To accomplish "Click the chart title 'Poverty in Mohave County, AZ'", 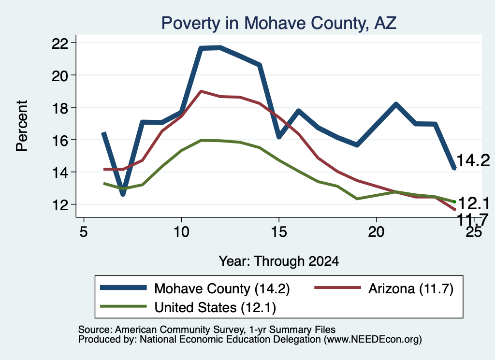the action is [x=279, y=23].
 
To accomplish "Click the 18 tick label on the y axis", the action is [x=60, y=108].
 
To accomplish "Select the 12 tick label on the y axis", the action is [x=60, y=205].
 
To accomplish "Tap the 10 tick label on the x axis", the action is [x=181, y=232].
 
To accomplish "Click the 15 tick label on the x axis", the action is [x=279, y=232].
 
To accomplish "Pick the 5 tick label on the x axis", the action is [x=83, y=232].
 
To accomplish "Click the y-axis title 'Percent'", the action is [x=22, y=126].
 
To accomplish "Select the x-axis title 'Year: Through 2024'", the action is [x=279, y=261].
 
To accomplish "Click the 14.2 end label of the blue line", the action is [x=473, y=160].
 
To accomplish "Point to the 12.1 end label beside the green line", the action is [x=473, y=203].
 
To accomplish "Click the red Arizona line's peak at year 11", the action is [x=201, y=91].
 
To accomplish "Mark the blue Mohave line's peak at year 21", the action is [x=396, y=104].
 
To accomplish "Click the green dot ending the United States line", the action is [x=454, y=202].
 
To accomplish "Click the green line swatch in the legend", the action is [x=123, y=306].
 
